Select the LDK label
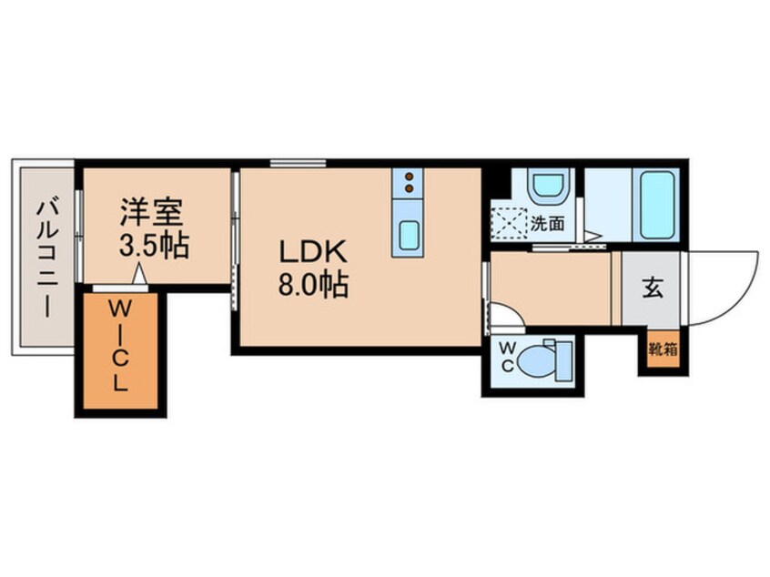click(x=312, y=251)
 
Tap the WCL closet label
click(x=119, y=348)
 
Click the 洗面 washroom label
click(x=549, y=221)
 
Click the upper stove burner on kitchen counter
click(x=409, y=177)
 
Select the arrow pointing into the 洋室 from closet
click(x=138, y=273)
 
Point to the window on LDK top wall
click(x=285, y=164)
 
